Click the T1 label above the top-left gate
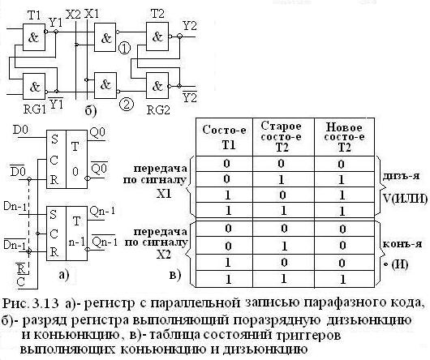coord(34,16)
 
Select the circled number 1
coord(125,50)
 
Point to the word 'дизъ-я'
coord(395,175)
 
